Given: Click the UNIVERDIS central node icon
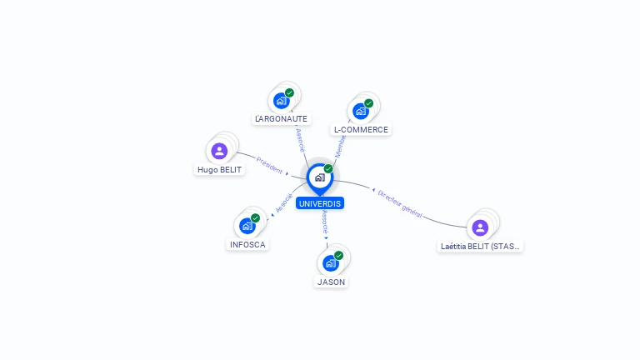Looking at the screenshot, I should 319,177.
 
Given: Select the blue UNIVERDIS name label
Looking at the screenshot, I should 319,203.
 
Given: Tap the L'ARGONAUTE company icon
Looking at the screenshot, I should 281,101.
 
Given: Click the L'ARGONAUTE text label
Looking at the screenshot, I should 282,119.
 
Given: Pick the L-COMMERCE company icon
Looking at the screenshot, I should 361,111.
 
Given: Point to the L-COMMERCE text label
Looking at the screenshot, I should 361,130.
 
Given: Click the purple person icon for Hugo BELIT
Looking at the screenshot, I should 219,151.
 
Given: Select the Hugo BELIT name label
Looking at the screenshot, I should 219,170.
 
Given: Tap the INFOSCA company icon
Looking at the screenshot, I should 247,226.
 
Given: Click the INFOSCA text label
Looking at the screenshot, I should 247,245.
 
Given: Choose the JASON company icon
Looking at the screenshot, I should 330,263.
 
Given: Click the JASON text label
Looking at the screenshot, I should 331,282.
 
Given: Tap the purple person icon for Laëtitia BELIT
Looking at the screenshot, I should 480,227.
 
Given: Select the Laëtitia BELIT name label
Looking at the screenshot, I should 481,247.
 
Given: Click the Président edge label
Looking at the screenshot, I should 270,165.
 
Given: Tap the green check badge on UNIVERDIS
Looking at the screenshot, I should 328,169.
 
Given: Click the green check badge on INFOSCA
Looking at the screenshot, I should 255,218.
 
